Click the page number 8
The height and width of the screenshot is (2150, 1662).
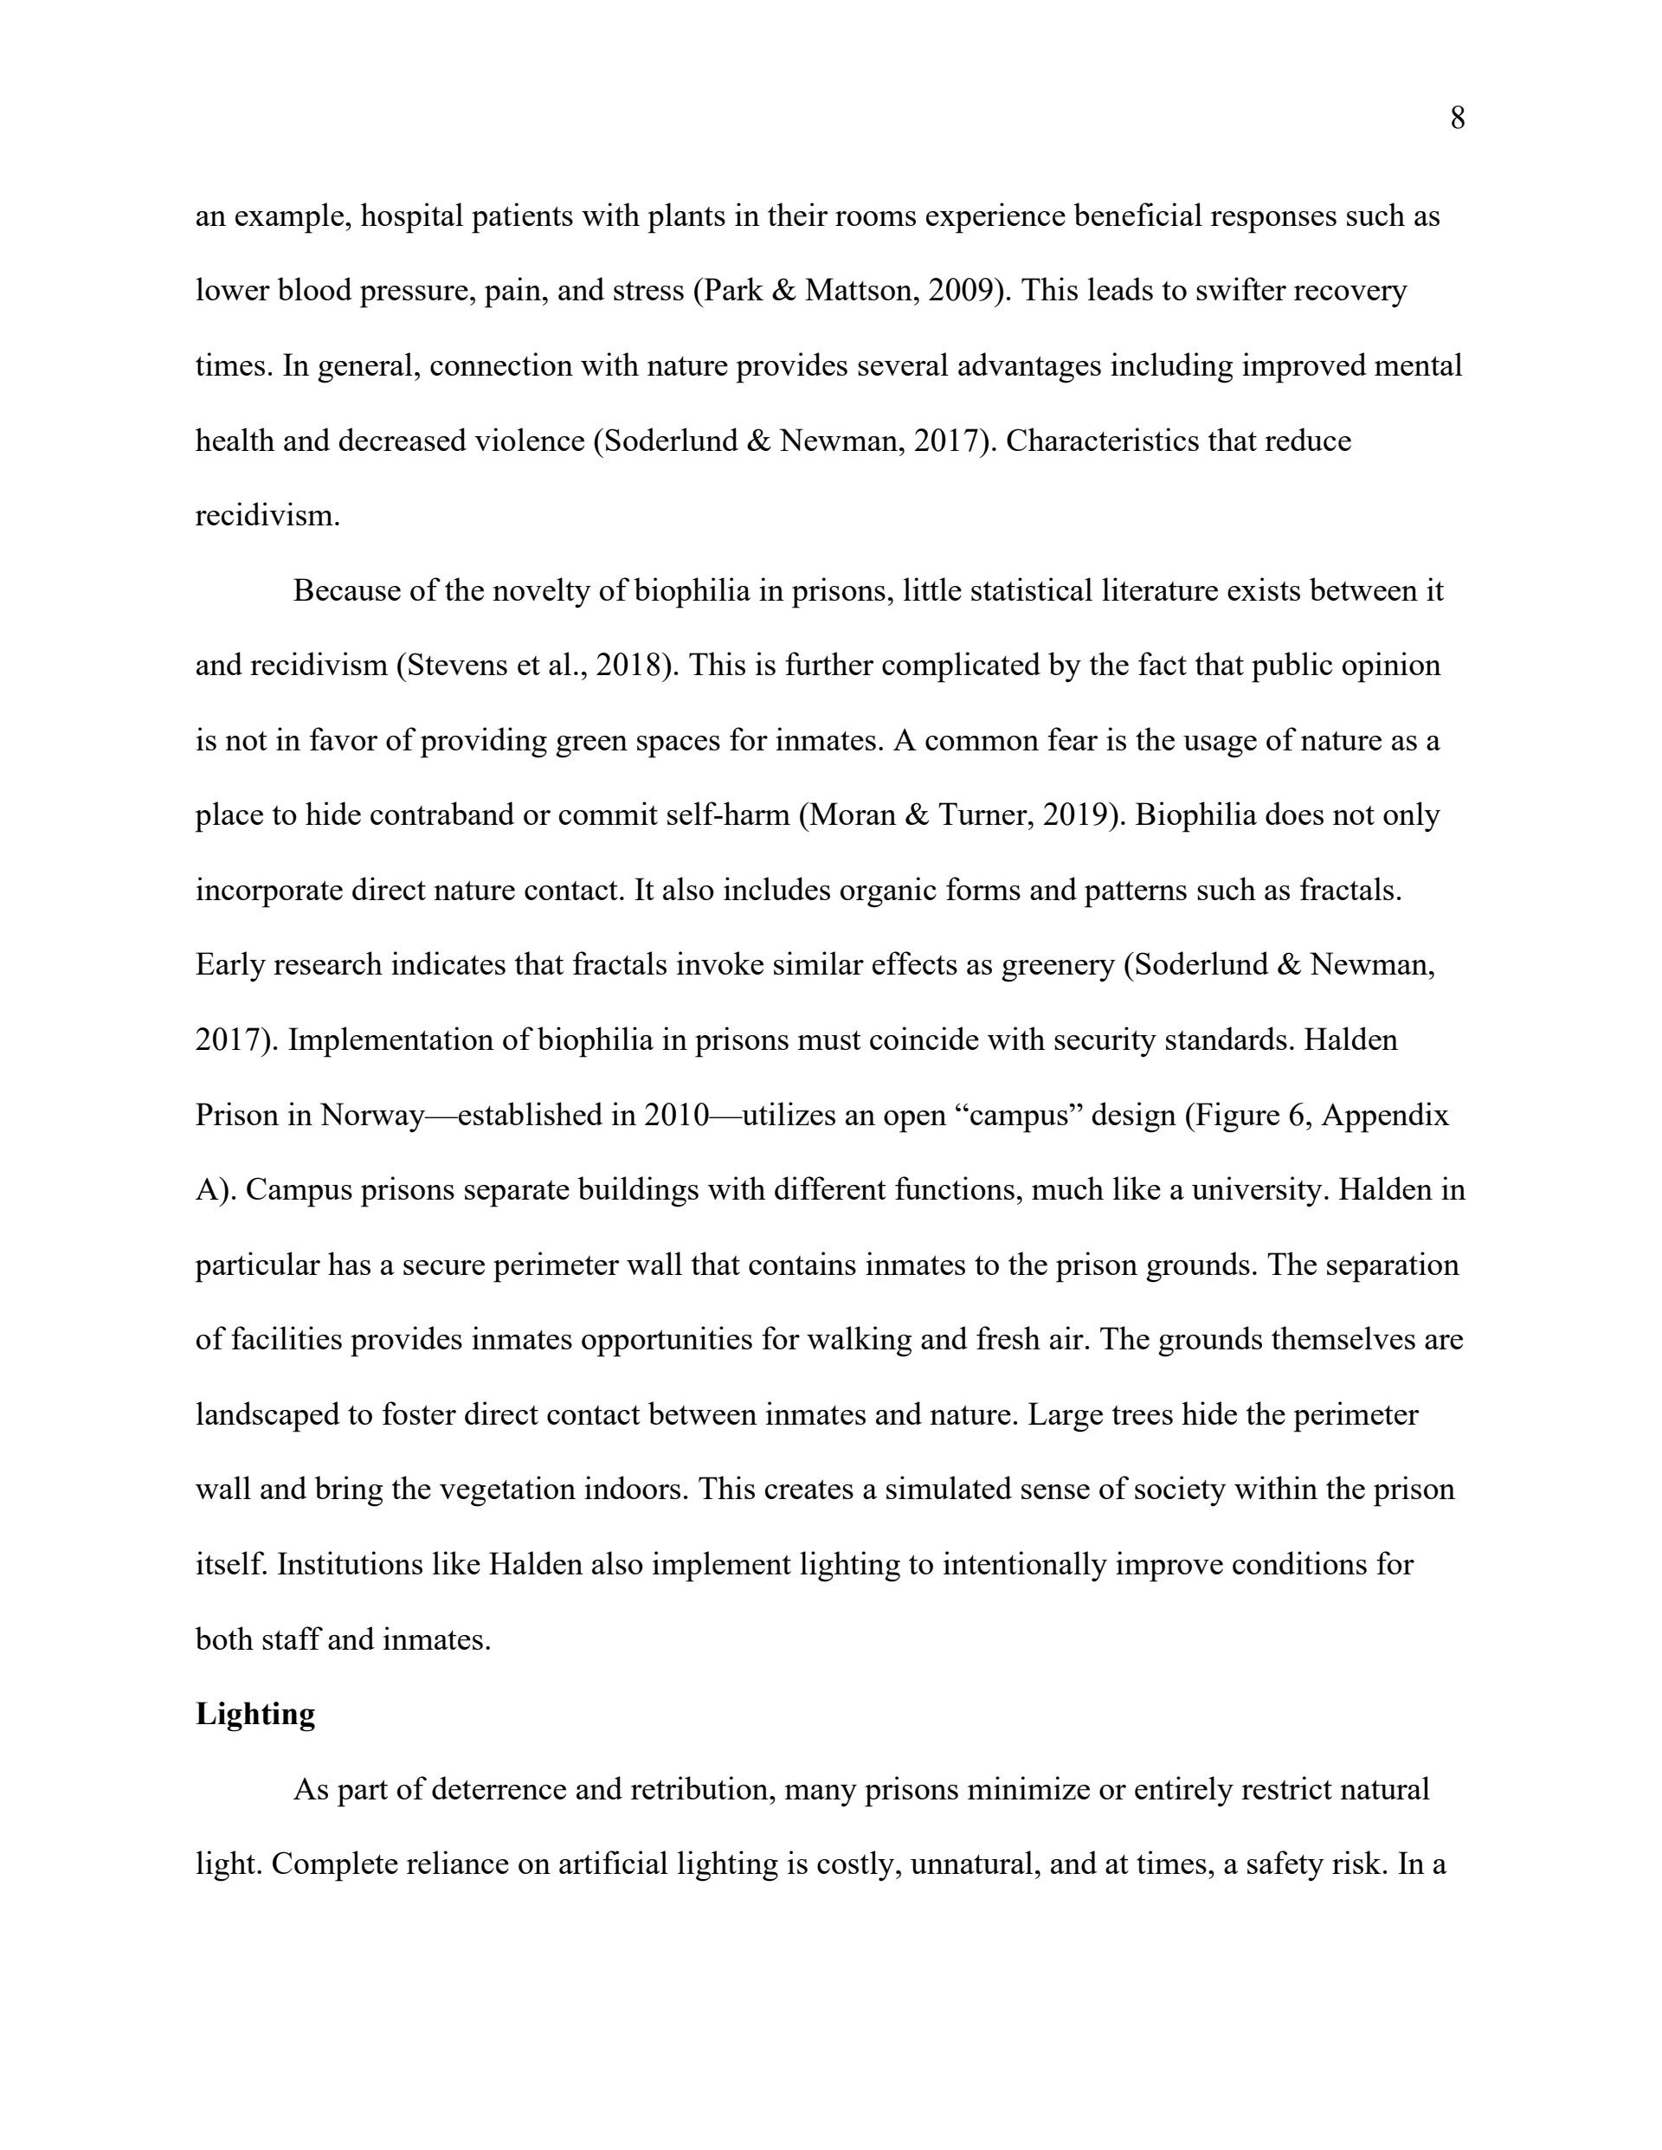(1457, 119)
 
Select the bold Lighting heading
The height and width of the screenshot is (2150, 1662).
(255, 1714)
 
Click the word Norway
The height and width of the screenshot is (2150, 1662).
(372, 1116)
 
